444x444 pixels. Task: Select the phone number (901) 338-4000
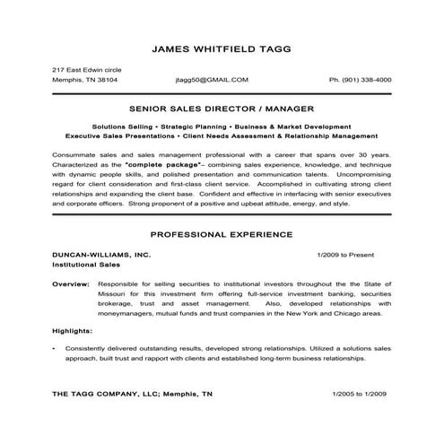click(x=360, y=80)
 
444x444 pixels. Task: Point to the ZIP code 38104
click(x=106, y=80)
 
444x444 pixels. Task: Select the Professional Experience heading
click(x=221, y=234)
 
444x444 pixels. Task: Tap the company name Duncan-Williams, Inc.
click(x=101, y=255)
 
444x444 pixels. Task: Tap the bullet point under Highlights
click(x=56, y=347)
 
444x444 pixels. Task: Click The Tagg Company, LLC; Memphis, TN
click(x=132, y=393)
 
